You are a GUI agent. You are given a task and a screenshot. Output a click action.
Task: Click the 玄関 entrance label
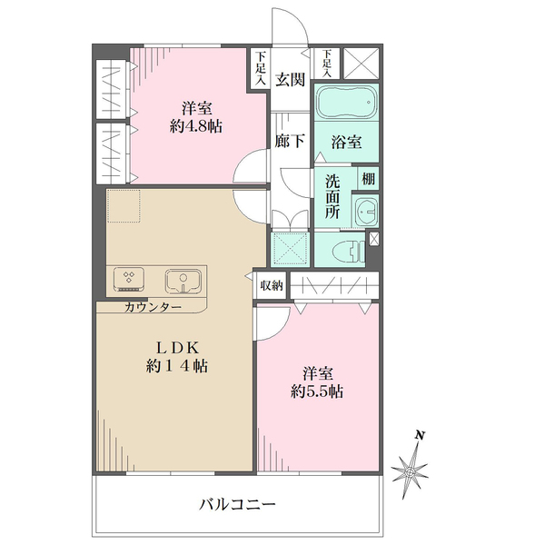point(290,79)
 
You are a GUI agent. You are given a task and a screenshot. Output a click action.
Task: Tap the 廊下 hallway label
point(290,141)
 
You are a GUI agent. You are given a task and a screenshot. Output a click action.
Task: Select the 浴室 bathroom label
point(345,142)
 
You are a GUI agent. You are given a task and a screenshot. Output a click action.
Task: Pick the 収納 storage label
point(271,285)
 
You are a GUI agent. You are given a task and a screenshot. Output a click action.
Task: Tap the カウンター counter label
point(152,307)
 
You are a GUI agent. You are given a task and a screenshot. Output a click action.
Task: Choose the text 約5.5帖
point(317,391)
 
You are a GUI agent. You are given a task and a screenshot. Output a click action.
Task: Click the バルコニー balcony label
point(237,504)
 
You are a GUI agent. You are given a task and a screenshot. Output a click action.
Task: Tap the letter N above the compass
point(419,435)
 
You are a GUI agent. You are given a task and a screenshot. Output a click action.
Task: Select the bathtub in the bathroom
point(345,103)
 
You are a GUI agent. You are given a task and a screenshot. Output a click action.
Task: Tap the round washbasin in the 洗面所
point(366,212)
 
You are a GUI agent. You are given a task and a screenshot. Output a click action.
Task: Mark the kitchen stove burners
point(128,279)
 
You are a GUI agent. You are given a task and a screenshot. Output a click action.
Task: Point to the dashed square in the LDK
point(122,206)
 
